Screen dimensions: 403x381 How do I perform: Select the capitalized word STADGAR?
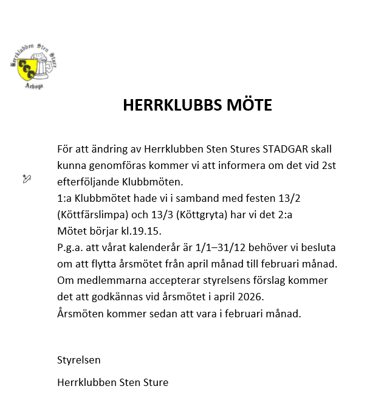[284, 149]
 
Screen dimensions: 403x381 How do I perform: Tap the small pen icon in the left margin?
[26, 178]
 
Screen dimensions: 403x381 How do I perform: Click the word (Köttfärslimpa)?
[93, 215]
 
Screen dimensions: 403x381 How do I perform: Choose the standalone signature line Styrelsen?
[78, 359]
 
